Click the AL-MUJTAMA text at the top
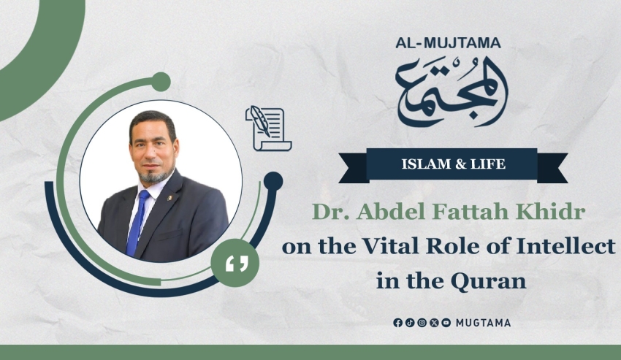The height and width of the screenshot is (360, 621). point(448,43)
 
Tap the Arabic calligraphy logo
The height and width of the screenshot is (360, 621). point(452,91)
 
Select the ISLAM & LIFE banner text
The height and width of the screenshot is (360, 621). point(454,164)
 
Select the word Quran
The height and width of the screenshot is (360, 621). point(488,281)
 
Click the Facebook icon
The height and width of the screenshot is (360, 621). point(397,323)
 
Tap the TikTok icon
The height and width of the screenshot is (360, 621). point(410,323)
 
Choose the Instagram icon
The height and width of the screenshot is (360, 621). point(422,323)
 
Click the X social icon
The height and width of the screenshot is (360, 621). point(434,323)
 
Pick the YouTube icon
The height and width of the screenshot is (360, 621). point(446,323)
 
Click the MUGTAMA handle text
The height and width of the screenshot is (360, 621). point(483,323)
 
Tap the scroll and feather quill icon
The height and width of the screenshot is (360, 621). point(269,129)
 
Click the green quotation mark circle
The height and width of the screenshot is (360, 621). point(235,263)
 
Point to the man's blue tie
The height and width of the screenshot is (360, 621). point(137,223)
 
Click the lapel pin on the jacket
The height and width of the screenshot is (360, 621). point(169,197)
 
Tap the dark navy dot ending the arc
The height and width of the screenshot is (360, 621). point(273,181)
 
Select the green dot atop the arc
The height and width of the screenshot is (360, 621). point(161,82)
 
